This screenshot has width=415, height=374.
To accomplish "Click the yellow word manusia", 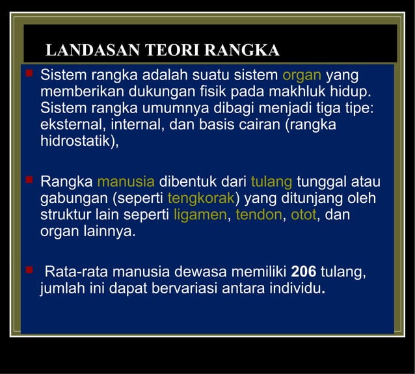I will pos(126,181).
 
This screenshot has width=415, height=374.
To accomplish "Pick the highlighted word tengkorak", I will pos(201,198).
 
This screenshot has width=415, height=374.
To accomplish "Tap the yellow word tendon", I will pos(259,215).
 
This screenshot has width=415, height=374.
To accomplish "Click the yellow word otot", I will pos(303,215).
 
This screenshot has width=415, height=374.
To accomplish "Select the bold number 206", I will pos(303,272).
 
